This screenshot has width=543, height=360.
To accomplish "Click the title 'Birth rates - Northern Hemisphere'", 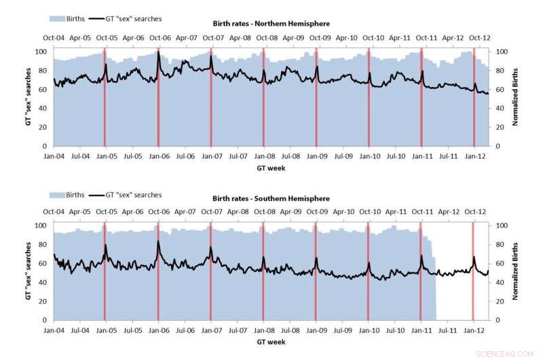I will (x=271, y=24).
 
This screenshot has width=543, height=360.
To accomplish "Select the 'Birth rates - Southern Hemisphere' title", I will (x=271, y=198).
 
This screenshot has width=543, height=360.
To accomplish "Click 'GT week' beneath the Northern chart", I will (x=271, y=168).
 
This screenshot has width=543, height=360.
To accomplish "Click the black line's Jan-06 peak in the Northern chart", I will (x=158, y=53).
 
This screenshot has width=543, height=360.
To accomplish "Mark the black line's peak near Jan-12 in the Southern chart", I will (x=474, y=257).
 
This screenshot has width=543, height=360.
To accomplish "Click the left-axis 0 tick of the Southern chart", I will (x=45, y=320).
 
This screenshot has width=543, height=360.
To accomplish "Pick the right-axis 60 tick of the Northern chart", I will (x=500, y=90).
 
